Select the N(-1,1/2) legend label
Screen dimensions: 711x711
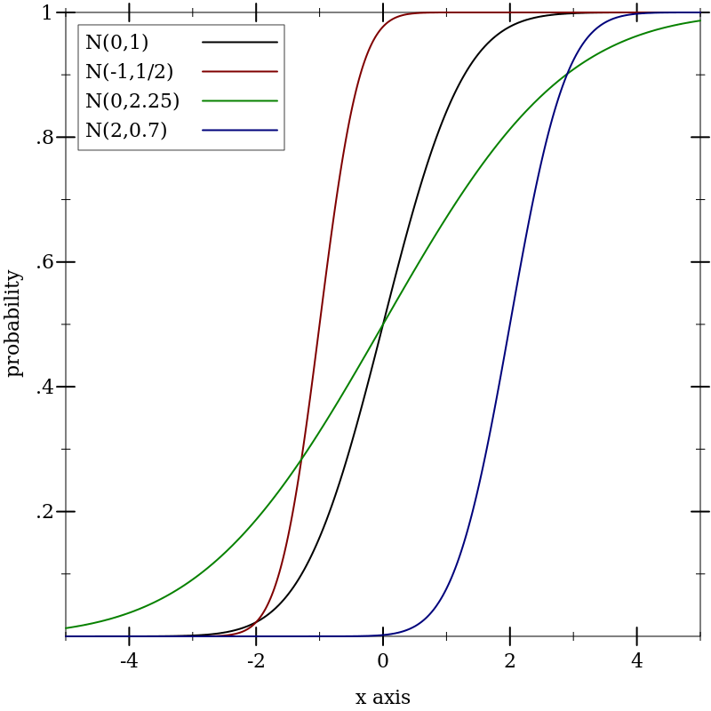tap(130, 72)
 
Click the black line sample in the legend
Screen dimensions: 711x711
tap(240, 42)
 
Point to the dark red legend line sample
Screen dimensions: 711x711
tap(240, 71)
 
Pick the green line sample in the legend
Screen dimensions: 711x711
tap(240, 100)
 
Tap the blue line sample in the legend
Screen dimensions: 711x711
tap(240, 131)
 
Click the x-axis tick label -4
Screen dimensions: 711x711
tap(129, 662)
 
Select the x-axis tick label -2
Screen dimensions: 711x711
tap(256, 662)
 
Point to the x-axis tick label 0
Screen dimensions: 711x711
tap(383, 662)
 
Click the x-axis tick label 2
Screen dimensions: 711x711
tap(510, 662)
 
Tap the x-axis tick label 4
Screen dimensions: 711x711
tap(636, 662)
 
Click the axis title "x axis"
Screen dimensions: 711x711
tap(383, 698)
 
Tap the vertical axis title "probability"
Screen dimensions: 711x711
tap(13, 324)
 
